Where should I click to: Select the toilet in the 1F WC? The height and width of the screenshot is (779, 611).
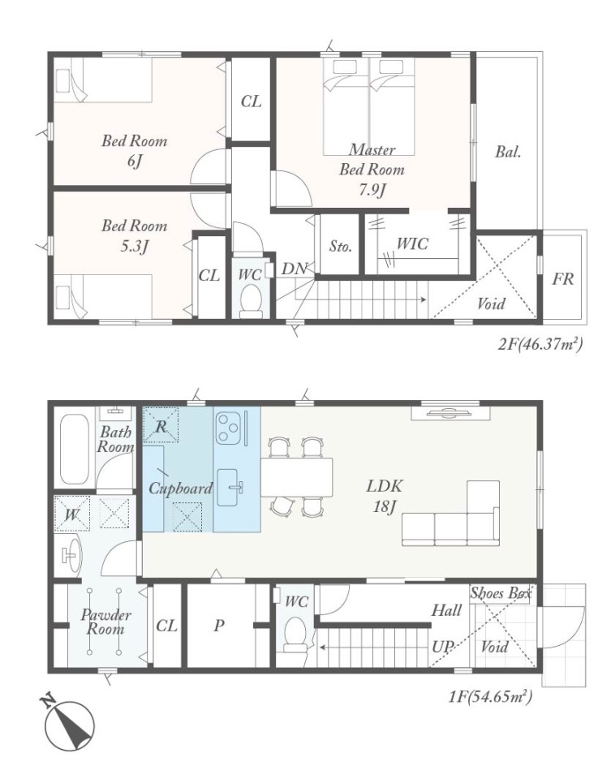[296, 635]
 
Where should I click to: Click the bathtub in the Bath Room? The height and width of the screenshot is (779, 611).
[74, 449]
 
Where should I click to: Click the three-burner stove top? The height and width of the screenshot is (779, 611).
[229, 428]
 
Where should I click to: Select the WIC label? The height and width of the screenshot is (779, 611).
[412, 244]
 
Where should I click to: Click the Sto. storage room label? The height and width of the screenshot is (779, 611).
[340, 246]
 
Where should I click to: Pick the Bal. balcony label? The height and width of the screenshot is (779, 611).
[508, 152]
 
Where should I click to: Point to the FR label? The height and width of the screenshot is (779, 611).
[563, 278]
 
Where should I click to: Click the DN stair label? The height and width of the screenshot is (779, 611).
[295, 269]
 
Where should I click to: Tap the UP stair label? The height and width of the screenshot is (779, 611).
[443, 647]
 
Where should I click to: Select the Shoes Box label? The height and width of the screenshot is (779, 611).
[501, 592]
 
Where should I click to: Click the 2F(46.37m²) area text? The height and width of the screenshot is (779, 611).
[540, 344]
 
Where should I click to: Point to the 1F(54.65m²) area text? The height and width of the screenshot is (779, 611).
[490, 696]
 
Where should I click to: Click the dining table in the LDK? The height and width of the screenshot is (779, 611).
[296, 477]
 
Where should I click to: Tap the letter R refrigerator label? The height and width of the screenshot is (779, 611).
[161, 426]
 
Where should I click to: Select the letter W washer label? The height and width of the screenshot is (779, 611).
[71, 514]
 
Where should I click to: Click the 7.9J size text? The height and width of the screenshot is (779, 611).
[372, 190]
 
